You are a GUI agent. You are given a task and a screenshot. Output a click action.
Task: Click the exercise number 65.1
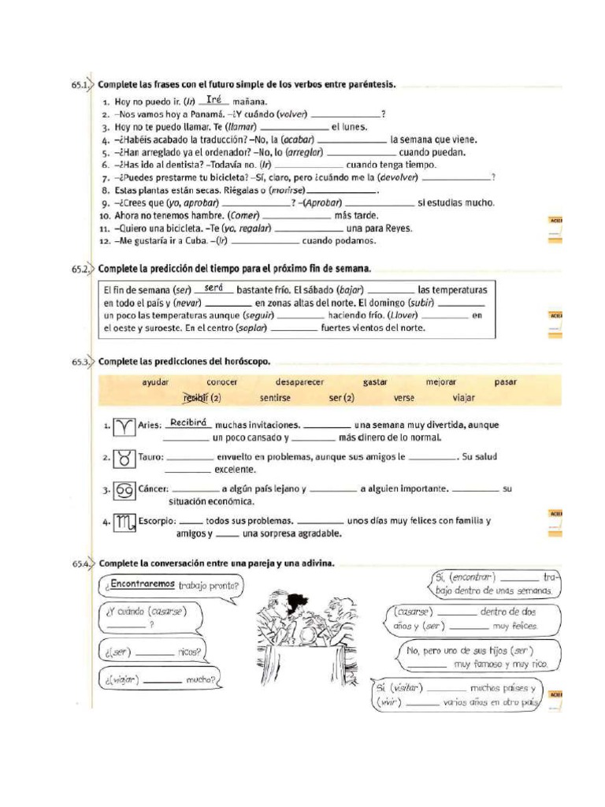tap(80, 84)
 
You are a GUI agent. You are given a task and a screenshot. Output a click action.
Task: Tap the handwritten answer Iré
tap(213, 100)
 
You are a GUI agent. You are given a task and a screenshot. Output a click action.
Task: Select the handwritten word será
tap(204, 288)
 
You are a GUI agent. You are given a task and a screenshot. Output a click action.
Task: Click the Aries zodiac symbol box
tap(124, 426)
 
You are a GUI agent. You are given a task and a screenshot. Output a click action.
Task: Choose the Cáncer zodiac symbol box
tap(124, 490)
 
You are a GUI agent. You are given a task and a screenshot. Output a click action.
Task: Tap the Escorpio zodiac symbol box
tap(124, 522)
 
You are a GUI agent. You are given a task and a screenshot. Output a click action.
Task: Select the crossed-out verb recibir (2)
tap(202, 398)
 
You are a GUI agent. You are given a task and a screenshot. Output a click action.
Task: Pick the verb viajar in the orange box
tap(464, 398)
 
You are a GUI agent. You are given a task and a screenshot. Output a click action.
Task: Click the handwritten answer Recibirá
tap(187, 423)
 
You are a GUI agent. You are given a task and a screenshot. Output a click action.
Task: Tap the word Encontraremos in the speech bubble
tap(143, 585)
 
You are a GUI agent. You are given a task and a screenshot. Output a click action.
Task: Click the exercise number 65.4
tap(80, 563)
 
